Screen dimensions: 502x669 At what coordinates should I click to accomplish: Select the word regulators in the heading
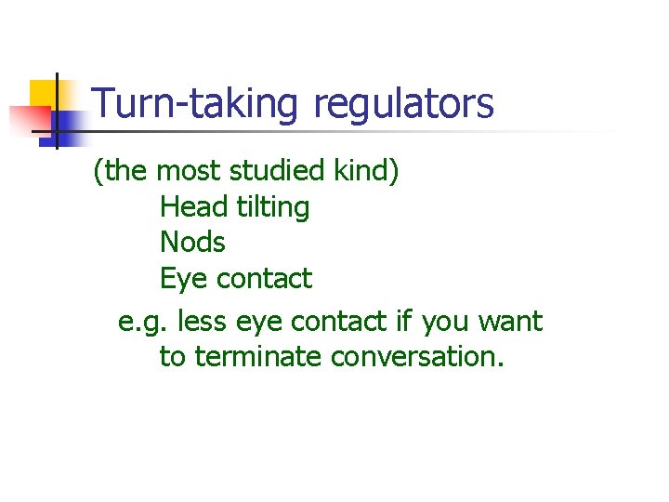tap(403, 104)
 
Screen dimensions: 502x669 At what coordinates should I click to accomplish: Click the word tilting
tap(272, 206)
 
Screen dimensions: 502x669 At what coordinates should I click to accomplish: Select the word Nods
tap(192, 243)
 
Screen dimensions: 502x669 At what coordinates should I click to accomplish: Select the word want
tap(510, 322)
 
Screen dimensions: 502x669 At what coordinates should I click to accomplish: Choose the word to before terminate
tap(173, 357)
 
